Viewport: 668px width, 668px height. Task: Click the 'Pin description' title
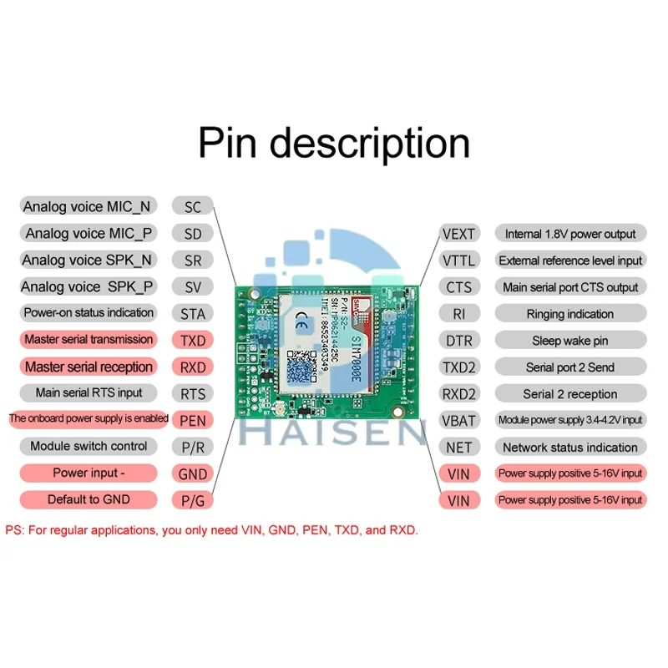pos(334,143)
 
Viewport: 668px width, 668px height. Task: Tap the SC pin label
pos(192,207)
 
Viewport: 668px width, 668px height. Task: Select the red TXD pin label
pos(192,341)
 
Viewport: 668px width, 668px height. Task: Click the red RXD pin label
pos(192,367)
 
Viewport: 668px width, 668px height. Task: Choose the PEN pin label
pos(192,420)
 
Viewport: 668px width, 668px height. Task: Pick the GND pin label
pos(192,473)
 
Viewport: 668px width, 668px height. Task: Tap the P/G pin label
pos(192,500)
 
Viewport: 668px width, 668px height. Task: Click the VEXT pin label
pos(459,234)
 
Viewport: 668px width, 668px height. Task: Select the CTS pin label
pos(459,287)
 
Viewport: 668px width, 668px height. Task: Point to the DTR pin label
pos(459,341)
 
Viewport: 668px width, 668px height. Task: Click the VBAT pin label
pos(459,420)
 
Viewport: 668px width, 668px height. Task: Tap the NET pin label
pos(459,447)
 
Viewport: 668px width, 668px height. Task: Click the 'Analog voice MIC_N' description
pos(88,207)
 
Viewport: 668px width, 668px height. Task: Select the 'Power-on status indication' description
pos(89,313)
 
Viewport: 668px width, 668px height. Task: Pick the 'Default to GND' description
pos(89,499)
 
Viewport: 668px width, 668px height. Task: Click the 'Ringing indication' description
pos(570,314)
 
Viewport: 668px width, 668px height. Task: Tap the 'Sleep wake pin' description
pos(570,341)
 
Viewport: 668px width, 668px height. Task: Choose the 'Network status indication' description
pos(570,447)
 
